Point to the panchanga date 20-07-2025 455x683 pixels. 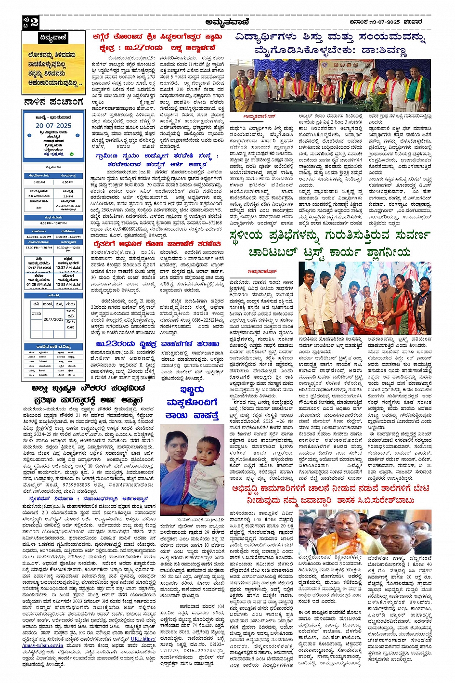[x=53, y=125]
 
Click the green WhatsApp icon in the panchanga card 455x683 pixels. [x=72, y=154]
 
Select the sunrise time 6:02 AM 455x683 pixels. [x=39, y=182]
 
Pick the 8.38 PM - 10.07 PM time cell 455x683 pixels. [x=53, y=223]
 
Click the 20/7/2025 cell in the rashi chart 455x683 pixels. [x=53, y=319]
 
